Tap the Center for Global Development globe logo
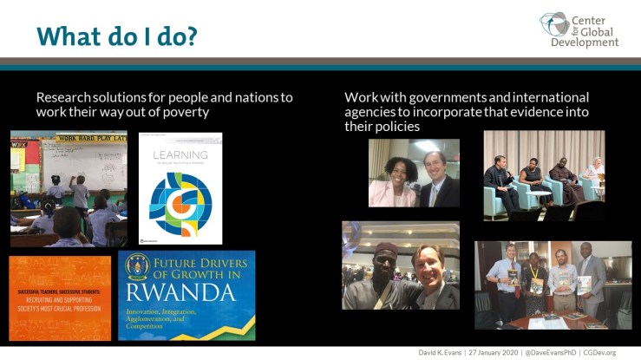[553, 23]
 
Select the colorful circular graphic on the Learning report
[180, 205]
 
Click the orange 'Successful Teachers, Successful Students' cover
[60, 298]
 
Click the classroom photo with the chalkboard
[69, 188]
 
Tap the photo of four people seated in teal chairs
[544, 175]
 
